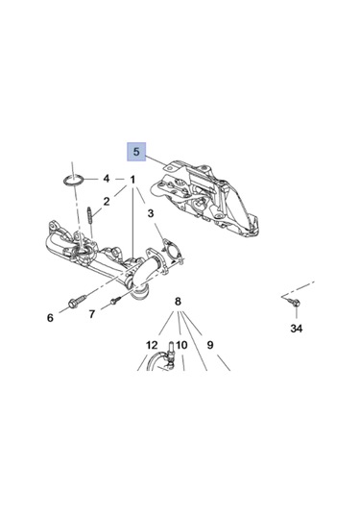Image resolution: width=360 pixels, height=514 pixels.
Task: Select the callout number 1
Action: [132, 179]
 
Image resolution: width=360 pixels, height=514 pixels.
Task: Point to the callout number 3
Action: [152, 230]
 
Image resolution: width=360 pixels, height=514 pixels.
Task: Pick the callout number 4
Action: [107, 179]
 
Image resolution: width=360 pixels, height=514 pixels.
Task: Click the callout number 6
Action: [49, 318]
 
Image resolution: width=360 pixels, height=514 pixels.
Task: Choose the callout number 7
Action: [91, 313]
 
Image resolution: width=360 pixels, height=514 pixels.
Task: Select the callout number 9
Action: [209, 345]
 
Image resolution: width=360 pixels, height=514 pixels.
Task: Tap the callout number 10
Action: [180, 345]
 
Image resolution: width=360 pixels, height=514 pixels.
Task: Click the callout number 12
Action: [152, 345]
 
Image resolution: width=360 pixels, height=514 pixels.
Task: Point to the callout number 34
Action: [296, 330]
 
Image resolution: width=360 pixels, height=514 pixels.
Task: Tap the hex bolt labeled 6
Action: [76, 305]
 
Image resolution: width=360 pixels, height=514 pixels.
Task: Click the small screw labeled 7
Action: [113, 301]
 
